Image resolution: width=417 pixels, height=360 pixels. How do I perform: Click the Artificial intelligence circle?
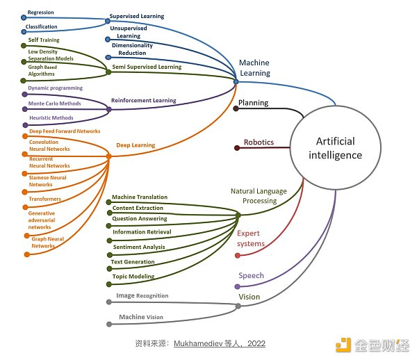(x=335, y=148)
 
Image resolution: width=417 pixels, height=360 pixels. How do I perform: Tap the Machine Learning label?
(x=254, y=67)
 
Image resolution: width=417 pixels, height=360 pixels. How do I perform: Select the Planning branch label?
(x=253, y=103)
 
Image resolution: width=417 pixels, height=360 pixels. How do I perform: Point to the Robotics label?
(x=259, y=142)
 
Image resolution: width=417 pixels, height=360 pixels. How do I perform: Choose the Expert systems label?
(x=250, y=238)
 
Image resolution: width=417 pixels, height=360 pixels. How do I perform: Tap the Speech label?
(x=252, y=275)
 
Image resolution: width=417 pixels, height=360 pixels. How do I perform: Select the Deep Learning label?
(x=135, y=145)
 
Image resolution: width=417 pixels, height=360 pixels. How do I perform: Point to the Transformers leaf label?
(x=44, y=199)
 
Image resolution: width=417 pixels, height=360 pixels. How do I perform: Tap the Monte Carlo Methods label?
(x=54, y=104)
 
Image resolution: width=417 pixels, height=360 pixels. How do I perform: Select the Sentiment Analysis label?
(x=139, y=247)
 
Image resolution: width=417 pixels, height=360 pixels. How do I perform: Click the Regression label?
(x=40, y=13)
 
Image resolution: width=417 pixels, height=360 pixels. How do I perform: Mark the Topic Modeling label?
(x=133, y=276)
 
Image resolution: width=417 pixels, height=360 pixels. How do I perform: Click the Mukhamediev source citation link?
(x=219, y=343)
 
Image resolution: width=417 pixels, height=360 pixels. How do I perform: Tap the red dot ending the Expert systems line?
(x=237, y=256)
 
